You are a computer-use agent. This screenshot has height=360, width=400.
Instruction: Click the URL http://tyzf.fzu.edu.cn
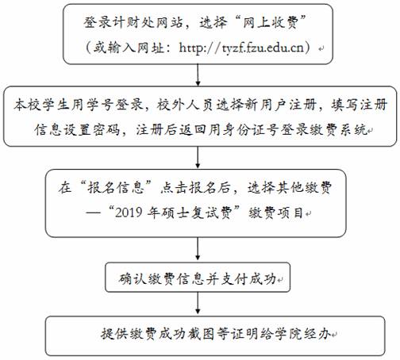[x=241, y=48]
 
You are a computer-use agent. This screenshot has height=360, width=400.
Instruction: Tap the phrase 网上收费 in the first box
[x=271, y=22]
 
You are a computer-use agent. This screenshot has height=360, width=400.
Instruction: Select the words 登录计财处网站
[x=133, y=22]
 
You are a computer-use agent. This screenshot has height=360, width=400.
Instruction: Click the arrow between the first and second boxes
[x=198, y=75]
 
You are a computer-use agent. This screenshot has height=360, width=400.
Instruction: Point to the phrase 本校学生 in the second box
[x=42, y=105]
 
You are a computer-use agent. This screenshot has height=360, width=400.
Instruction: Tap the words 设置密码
[x=91, y=130]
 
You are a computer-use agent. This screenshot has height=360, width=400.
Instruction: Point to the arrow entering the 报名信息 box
[x=198, y=157]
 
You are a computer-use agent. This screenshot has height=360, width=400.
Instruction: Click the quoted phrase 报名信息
[x=116, y=188]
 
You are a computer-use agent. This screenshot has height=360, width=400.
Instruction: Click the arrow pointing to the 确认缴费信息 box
[x=198, y=248]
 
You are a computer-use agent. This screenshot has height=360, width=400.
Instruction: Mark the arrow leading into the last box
[x=198, y=303]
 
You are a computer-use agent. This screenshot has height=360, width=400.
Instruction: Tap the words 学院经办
[x=302, y=333]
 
